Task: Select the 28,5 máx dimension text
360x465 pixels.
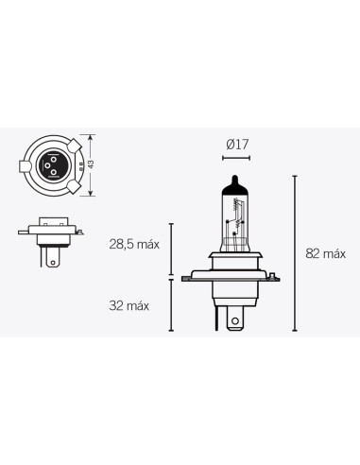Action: click(x=133, y=244)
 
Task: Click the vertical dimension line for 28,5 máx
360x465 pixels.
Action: click(x=171, y=250)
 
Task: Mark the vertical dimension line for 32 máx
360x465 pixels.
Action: click(x=171, y=304)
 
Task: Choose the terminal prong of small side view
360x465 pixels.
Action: click(x=51, y=256)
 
